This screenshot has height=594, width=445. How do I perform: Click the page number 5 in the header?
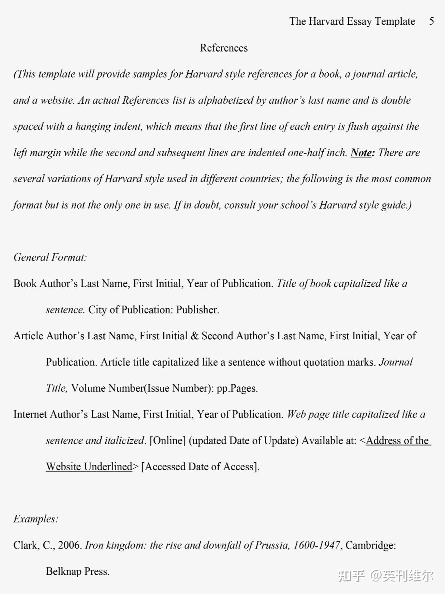point(431,21)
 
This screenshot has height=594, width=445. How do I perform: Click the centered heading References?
point(224,48)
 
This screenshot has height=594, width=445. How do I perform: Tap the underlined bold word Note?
point(362,153)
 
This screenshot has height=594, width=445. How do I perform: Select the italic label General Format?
point(50,257)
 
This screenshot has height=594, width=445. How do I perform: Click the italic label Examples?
point(36,519)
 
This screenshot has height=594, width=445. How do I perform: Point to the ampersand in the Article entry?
point(195,336)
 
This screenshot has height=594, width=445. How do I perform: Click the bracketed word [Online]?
point(167,440)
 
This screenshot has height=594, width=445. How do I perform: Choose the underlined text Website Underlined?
point(89,467)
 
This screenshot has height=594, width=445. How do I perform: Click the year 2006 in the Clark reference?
point(70,545)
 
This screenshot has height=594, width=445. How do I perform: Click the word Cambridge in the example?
point(369,545)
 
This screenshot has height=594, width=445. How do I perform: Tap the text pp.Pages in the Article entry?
point(237,388)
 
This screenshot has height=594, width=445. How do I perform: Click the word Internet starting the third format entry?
point(30,414)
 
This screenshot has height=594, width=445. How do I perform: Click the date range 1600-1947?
point(316,545)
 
